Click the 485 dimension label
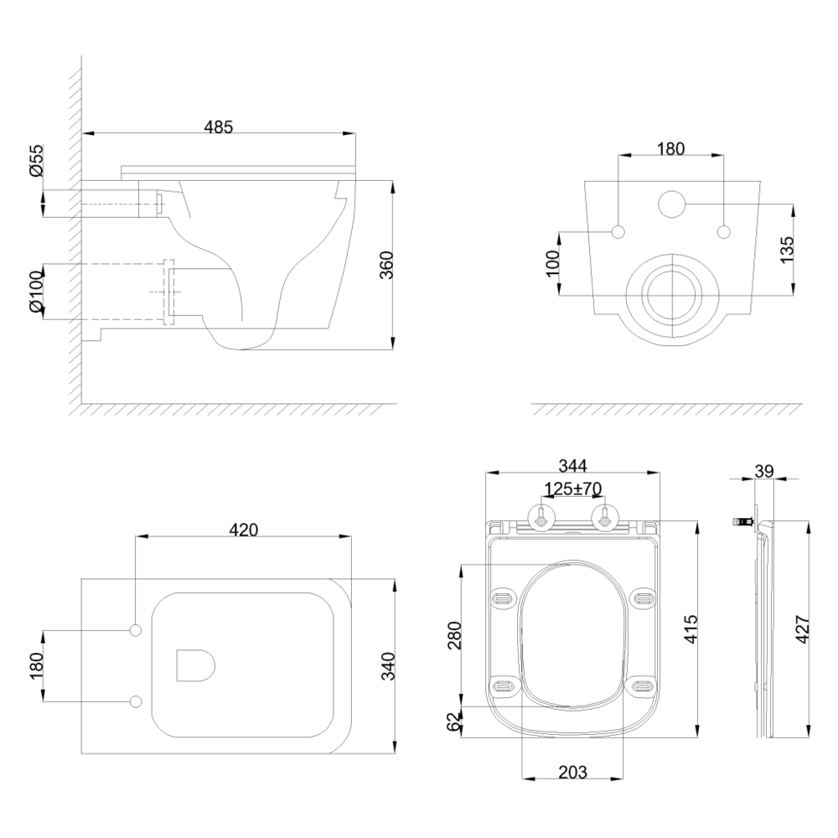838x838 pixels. (219, 127)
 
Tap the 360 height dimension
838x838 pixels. (385, 265)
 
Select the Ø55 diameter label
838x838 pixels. (36, 160)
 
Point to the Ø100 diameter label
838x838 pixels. (36, 292)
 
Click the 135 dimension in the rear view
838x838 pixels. (787, 249)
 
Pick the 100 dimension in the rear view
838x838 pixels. (552, 262)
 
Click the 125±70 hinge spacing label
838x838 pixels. (572, 489)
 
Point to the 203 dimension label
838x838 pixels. (572, 772)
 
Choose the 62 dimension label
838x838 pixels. (453, 722)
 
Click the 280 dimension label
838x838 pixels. (453, 635)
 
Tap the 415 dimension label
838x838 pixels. (691, 629)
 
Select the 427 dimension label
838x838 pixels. (803, 629)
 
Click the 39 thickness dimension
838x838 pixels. (764, 471)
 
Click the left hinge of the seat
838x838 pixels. (542, 518)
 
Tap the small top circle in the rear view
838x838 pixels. (671, 203)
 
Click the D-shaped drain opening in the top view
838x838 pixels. (195, 665)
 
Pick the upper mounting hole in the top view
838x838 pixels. (137, 631)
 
